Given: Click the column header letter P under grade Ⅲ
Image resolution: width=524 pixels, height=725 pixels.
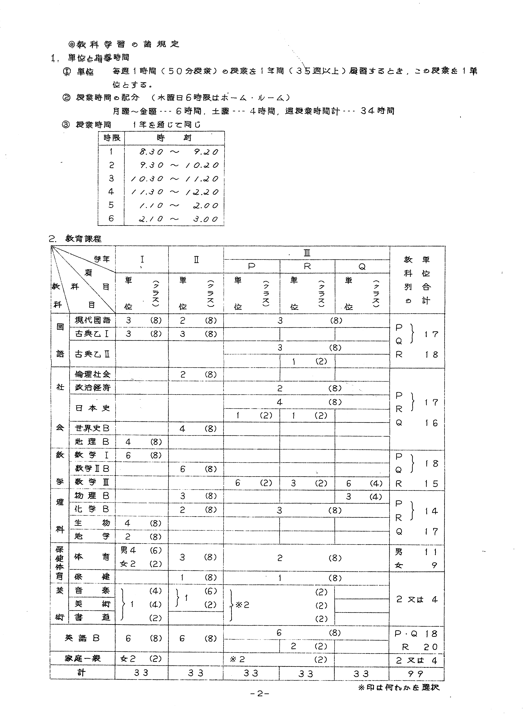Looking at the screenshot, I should pyautogui.click(x=252, y=266).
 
